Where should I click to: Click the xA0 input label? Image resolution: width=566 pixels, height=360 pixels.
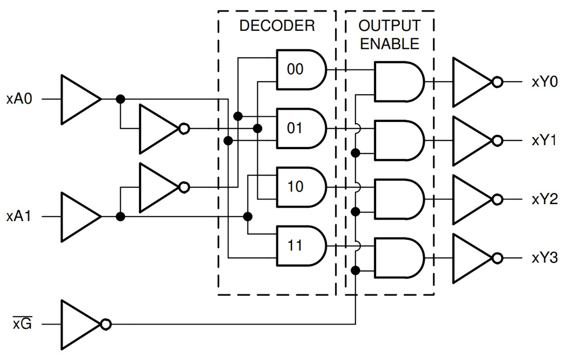20,99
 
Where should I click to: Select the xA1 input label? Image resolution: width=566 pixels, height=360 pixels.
20,217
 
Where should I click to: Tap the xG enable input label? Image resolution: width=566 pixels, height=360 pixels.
22,325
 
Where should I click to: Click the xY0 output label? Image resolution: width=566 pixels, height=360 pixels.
544,82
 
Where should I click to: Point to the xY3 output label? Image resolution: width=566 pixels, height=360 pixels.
544,258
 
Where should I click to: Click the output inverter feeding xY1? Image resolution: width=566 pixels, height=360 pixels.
470,141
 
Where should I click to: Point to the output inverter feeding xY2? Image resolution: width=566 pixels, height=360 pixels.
470,200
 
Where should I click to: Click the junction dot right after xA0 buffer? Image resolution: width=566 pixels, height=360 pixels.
120,99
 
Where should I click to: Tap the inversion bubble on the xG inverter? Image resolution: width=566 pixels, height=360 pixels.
105,325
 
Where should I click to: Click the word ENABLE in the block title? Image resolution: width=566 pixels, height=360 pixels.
390,44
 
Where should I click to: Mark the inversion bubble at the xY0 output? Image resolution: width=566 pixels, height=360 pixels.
497,82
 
